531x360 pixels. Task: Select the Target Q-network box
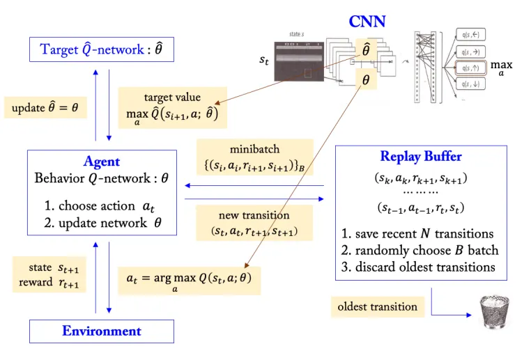(101, 49)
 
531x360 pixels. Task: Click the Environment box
(101, 331)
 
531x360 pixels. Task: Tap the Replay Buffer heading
(420, 156)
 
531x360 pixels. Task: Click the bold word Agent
(101, 162)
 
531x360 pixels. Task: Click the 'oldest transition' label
(377, 306)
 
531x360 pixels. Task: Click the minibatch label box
(254, 157)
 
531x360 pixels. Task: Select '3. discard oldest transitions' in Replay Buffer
(419, 267)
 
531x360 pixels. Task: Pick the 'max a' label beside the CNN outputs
(501, 68)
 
